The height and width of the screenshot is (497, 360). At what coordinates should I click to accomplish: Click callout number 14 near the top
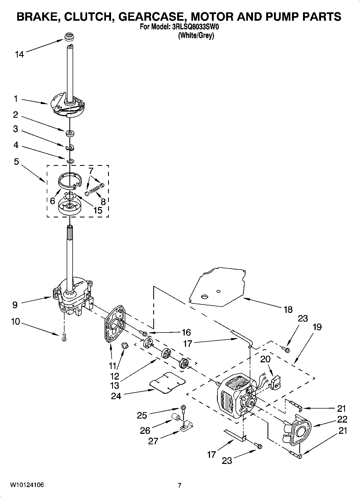(x=19, y=55)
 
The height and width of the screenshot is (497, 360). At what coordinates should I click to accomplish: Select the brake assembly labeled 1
(x=67, y=106)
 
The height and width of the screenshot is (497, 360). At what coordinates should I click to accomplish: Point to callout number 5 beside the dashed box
(x=16, y=162)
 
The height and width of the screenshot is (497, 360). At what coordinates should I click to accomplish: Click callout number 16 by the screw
(x=186, y=332)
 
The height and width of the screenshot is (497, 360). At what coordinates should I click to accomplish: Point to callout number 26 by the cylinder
(x=145, y=431)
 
